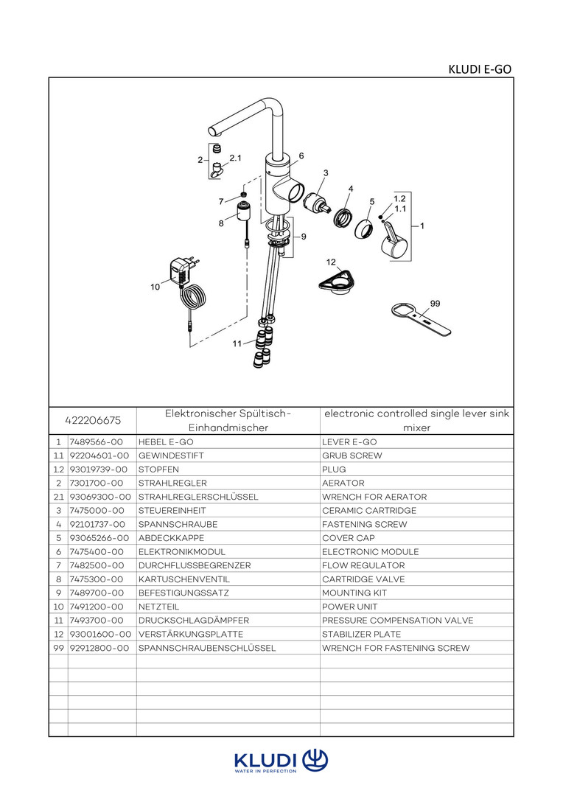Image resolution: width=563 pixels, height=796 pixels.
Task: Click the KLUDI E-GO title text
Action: [x=480, y=69]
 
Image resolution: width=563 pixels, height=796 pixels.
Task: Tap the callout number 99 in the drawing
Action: [x=435, y=303]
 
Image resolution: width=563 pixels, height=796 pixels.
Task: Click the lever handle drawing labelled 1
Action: [x=392, y=241]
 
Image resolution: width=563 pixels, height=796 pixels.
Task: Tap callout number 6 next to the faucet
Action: [x=301, y=156]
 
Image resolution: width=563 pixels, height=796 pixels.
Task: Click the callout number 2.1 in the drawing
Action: [x=235, y=158]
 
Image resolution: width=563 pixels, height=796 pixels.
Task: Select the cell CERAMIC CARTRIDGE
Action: [x=369, y=510]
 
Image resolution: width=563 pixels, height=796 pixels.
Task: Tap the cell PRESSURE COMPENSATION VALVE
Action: [x=397, y=621]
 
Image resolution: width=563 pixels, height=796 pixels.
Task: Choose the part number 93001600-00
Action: [x=100, y=634]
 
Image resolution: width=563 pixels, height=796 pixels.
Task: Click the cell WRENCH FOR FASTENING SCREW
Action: [x=396, y=648]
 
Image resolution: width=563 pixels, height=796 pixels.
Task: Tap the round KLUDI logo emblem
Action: [x=315, y=759]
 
